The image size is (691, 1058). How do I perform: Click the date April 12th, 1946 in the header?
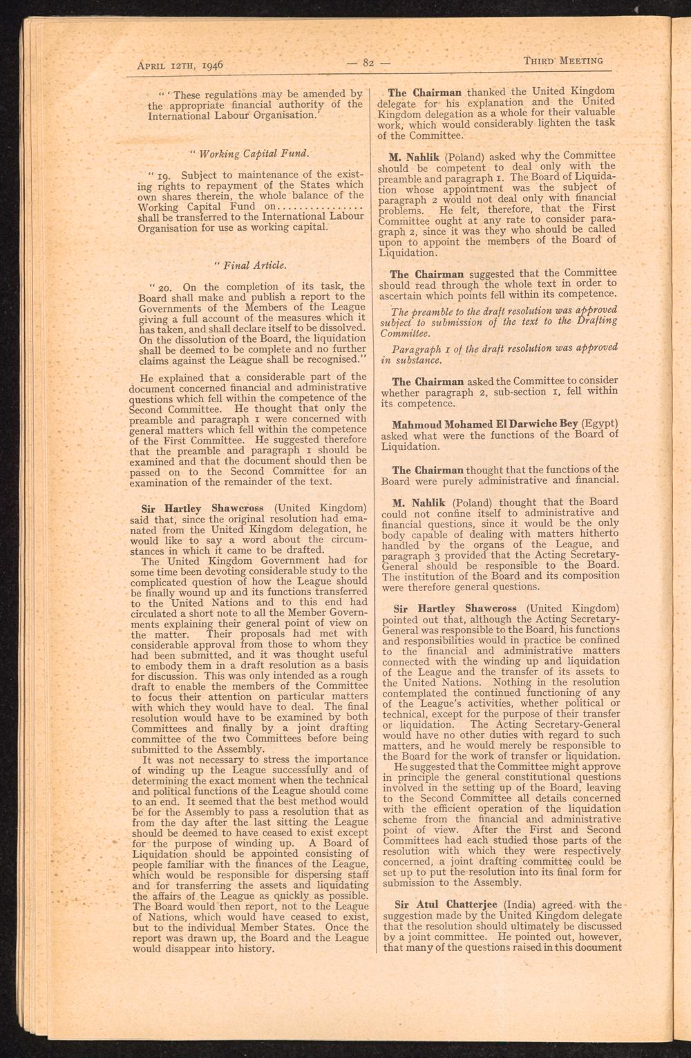coord(179,66)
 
